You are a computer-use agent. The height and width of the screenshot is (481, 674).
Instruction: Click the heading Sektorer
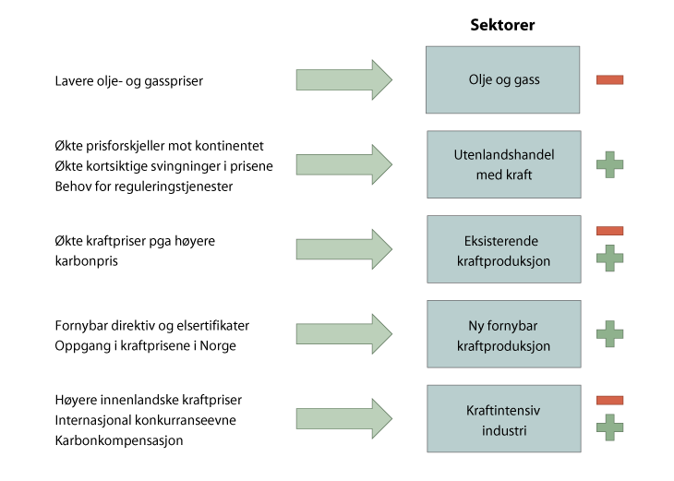[x=503, y=25]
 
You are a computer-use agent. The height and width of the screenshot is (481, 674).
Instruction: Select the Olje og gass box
[x=503, y=79]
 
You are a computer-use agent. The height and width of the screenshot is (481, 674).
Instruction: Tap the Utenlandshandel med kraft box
[x=503, y=164]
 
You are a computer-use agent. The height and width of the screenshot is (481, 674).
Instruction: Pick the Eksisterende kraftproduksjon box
[x=503, y=249]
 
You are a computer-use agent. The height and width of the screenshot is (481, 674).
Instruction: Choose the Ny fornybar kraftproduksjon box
[x=503, y=334]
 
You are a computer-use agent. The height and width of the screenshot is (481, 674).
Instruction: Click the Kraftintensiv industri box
[x=503, y=419]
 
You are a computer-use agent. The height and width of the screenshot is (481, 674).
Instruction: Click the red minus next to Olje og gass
[x=609, y=79]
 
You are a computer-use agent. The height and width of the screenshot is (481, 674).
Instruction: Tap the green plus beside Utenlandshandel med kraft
[x=609, y=164]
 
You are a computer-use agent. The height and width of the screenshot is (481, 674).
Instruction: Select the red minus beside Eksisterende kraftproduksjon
[x=609, y=230]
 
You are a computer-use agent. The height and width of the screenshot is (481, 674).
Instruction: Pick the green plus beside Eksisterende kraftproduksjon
[x=609, y=257]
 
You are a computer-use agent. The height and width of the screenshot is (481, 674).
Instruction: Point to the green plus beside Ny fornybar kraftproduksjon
[x=609, y=334]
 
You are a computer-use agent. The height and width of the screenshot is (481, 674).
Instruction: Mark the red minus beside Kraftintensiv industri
[x=609, y=400]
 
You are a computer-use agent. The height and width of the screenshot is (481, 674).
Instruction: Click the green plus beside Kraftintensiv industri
[x=609, y=427]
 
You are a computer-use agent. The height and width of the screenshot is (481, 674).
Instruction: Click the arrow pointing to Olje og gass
[x=343, y=80]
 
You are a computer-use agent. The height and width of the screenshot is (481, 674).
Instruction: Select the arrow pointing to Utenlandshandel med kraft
[x=343, y=165]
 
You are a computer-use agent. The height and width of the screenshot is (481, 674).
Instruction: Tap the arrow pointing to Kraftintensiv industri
[x=343, y=419]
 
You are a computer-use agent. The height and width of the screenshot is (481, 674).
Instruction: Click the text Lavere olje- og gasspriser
[x=129, y=81]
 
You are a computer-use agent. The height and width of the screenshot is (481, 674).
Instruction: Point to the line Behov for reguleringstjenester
[x=143, y=187]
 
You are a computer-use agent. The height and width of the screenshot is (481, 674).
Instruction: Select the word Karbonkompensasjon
[x=119, y=440]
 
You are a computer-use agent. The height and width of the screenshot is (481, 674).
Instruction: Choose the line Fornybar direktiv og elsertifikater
[x=152, y=325]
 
